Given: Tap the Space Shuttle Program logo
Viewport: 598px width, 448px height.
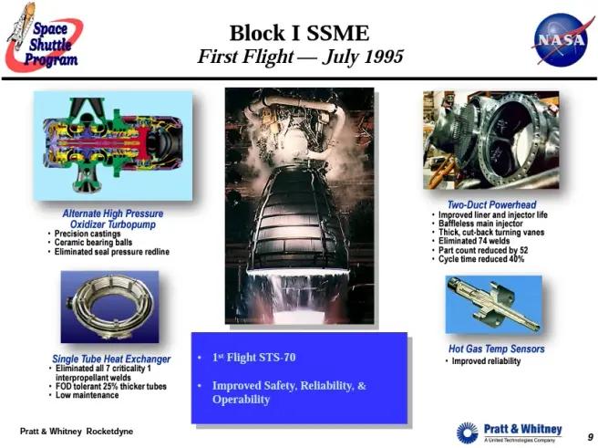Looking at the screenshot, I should tap(42, 38).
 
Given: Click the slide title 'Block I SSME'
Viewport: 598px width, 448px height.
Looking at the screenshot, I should tap(299, 34).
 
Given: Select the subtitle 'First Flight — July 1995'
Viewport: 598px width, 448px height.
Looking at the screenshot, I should tap(300, 57).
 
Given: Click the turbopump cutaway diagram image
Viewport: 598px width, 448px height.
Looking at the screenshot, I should tap(112, 146).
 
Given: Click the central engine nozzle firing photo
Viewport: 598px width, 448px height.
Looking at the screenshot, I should tap(299, 205).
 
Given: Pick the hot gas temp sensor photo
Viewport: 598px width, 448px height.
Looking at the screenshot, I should tap(493, 305).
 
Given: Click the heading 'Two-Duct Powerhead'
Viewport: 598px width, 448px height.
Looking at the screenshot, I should tap(491, 205).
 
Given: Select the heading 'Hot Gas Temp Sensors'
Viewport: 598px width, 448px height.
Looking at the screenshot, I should tap(496, 349).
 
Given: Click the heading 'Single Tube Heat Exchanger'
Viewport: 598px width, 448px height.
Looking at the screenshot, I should tap(111, 359).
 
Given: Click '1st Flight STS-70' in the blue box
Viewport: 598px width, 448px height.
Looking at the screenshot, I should tap(254, 358).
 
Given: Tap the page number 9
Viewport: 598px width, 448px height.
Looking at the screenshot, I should tap(590, 437).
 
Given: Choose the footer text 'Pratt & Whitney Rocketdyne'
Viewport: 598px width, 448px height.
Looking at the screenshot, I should tap(77, 430).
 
